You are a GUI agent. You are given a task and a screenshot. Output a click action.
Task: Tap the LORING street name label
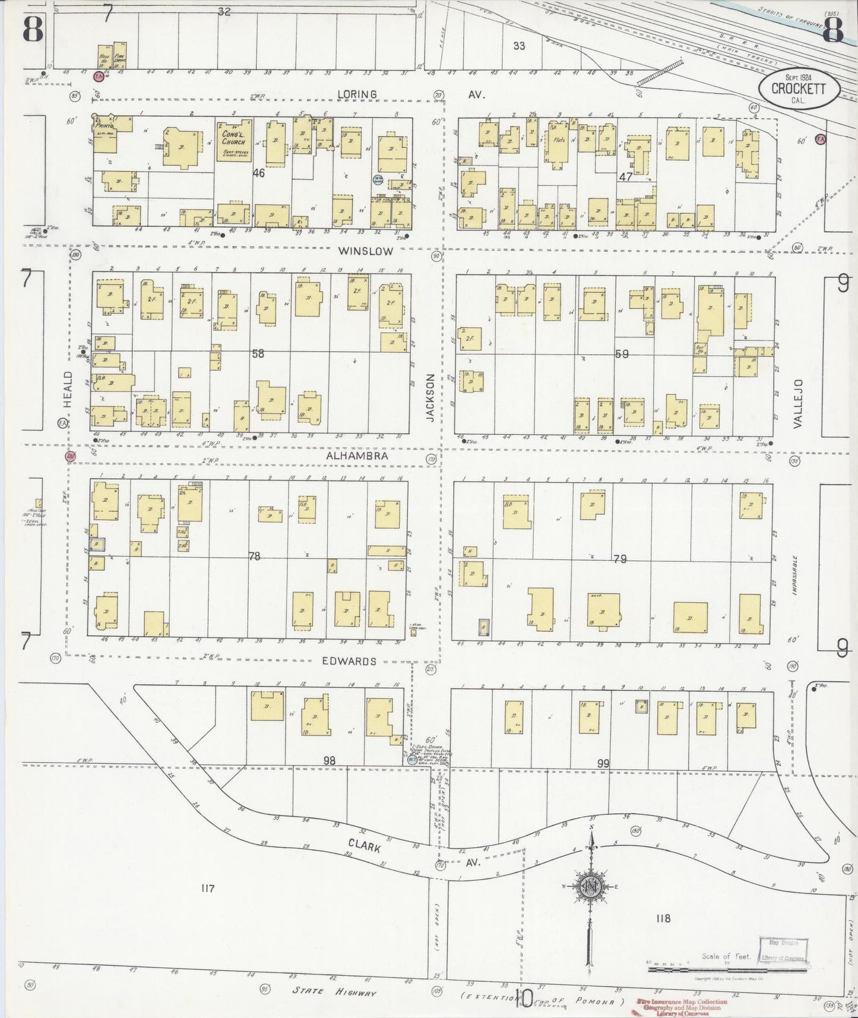[x=357, y=94]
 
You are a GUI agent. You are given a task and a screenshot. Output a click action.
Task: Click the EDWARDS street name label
[x=349, y=661]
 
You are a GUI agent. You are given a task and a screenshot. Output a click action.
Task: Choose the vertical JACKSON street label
[x=430, y=397]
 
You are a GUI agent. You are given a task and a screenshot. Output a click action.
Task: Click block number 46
[x=258, y=173]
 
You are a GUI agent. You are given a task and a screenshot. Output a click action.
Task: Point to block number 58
[x=258, y=354]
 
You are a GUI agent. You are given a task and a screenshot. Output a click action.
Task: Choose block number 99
[x=603, y=764]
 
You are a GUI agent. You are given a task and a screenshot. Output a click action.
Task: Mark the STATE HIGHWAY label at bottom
[x=335, y=991]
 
